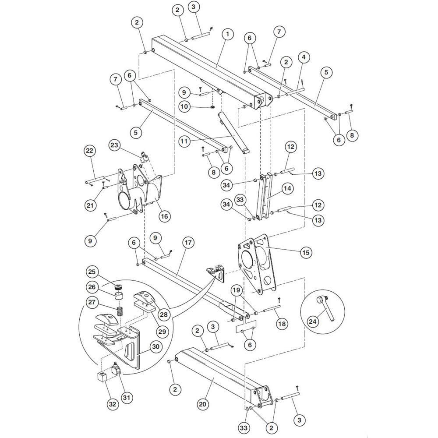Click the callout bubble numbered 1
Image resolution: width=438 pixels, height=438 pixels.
tap(227, 34)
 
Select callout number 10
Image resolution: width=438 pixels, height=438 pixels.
tap(184, 106)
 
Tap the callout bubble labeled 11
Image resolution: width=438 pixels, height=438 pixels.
tap(184, 141)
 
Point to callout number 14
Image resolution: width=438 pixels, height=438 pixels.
tap(287, 188)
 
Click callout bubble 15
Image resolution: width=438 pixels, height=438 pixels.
tap(306, 252)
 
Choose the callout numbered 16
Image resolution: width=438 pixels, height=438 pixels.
tap(165, 216)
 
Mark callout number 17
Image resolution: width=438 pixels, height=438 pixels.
tap(188, 243)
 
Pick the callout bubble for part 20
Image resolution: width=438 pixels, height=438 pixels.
tap(203, 404)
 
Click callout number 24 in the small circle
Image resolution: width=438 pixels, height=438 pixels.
tap(313, 321)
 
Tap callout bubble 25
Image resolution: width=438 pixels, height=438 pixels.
tap(92, 272)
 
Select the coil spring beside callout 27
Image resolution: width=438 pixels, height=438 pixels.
tap(119, 311)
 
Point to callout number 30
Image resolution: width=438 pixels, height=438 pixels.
tap(156, 346)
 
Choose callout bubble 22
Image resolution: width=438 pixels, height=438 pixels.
tap(90, 151)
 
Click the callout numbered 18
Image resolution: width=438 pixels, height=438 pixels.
tap(282, 324)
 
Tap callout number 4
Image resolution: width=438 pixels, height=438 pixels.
tap(304, 57)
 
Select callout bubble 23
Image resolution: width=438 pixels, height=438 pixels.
tap(114, 145)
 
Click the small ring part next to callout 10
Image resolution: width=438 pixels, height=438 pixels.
tap(212, 107)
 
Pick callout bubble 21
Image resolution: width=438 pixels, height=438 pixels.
tap(90, 205)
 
